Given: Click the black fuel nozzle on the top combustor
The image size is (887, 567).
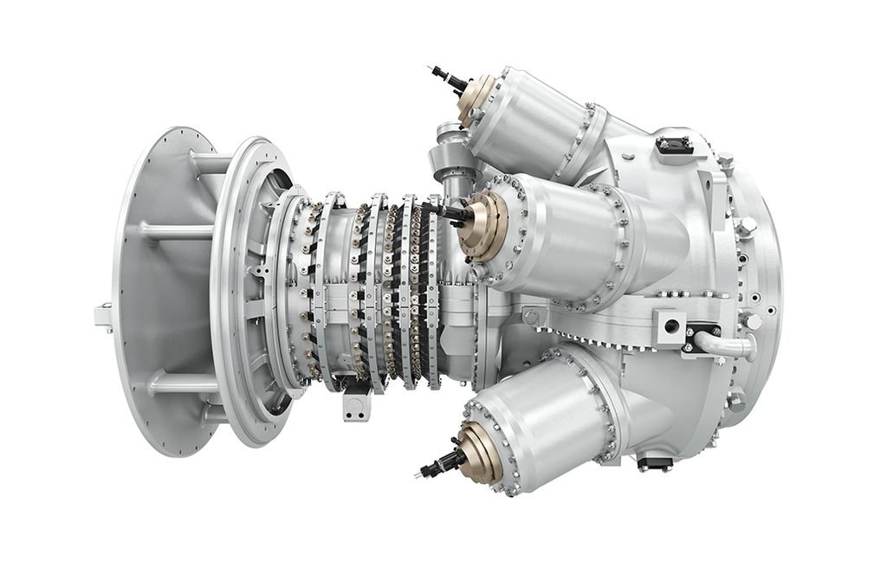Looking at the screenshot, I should coord(450,80).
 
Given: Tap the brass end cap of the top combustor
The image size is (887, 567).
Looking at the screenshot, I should coord(478,100).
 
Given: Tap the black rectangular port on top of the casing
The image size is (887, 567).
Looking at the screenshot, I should coord(674,145).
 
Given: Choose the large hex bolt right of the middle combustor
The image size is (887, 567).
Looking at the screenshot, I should coord(744,227).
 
